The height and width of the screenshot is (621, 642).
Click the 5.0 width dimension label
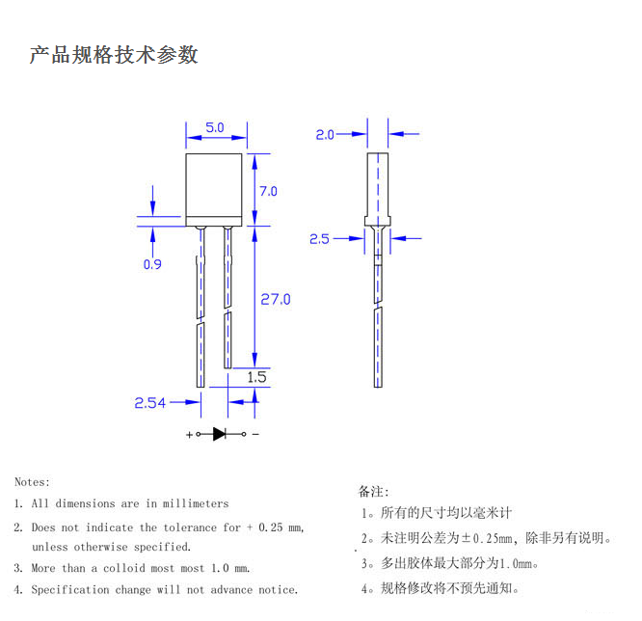point(215,127)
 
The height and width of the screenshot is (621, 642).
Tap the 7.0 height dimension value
point(268,191)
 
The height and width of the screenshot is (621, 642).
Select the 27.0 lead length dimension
point(276,300)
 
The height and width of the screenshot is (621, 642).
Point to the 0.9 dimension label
point(152,264)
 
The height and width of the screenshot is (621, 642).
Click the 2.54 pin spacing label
point(149,403)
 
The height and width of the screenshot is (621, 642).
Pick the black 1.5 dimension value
point(256,377)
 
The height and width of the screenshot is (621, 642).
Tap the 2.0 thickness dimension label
point(325,135)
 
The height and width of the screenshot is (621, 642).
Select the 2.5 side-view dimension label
point(319,239)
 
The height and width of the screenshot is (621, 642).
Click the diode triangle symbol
point(220,434)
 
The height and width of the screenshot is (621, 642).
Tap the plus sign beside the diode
point(189,435)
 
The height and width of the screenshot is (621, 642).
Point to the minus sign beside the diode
point(255,434)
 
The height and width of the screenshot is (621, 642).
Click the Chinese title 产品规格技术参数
point(114,55)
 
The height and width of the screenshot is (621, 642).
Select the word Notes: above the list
point(32,482)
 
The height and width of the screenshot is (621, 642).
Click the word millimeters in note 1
point(196,503)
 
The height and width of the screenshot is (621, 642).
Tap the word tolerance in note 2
point(190,527)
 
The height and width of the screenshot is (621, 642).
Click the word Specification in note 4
point(70,590)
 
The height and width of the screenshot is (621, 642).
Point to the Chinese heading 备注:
point(373,492)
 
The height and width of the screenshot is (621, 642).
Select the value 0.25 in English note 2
point(271,527)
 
